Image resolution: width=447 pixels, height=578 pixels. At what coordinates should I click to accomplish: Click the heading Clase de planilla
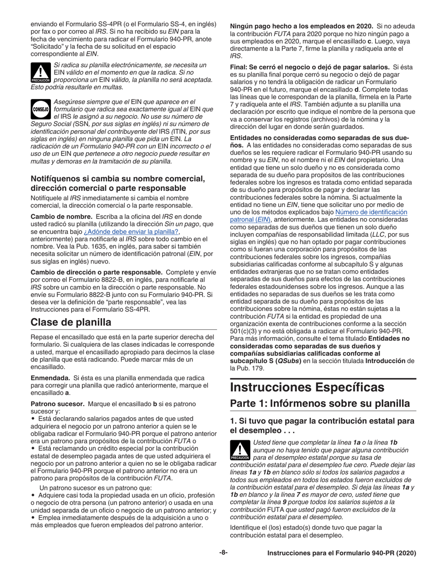(x=71, y=322)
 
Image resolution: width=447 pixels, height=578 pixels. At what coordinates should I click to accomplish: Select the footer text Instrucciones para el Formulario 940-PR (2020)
(x=342, y=553)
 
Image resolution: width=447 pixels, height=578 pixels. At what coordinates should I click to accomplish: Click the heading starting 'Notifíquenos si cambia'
(x=118, y=183)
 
